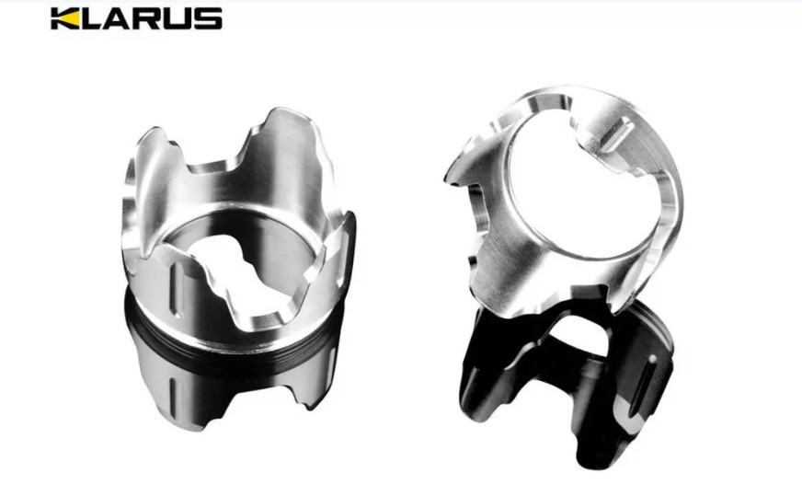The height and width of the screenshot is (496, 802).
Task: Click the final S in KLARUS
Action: (208, 18)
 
